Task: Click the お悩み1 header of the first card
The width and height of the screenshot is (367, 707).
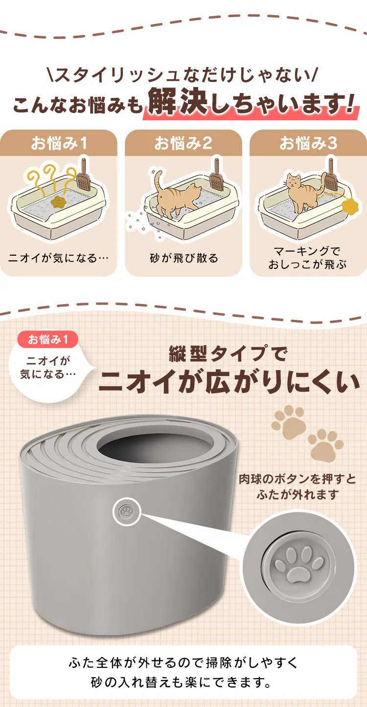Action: click(59, 143)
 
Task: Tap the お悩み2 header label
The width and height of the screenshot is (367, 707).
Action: click(183, 143)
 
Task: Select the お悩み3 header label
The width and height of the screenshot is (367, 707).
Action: click(308, 143)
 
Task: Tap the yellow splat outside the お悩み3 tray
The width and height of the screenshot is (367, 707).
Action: click(350, 206)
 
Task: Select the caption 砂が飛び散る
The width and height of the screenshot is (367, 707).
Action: click(184, 258)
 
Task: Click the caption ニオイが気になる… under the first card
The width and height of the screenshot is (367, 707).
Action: click(58, 258)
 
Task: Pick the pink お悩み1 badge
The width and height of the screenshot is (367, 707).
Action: click(47, 340)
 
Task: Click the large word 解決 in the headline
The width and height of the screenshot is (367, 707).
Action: click(178, 102)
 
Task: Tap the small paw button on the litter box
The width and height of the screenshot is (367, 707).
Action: click(127, 511)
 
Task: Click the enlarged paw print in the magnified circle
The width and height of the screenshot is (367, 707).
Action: click(299, 565)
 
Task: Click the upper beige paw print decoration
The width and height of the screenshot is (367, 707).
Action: click(289, 422)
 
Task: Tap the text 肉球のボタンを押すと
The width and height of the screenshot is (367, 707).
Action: click(298, 479)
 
